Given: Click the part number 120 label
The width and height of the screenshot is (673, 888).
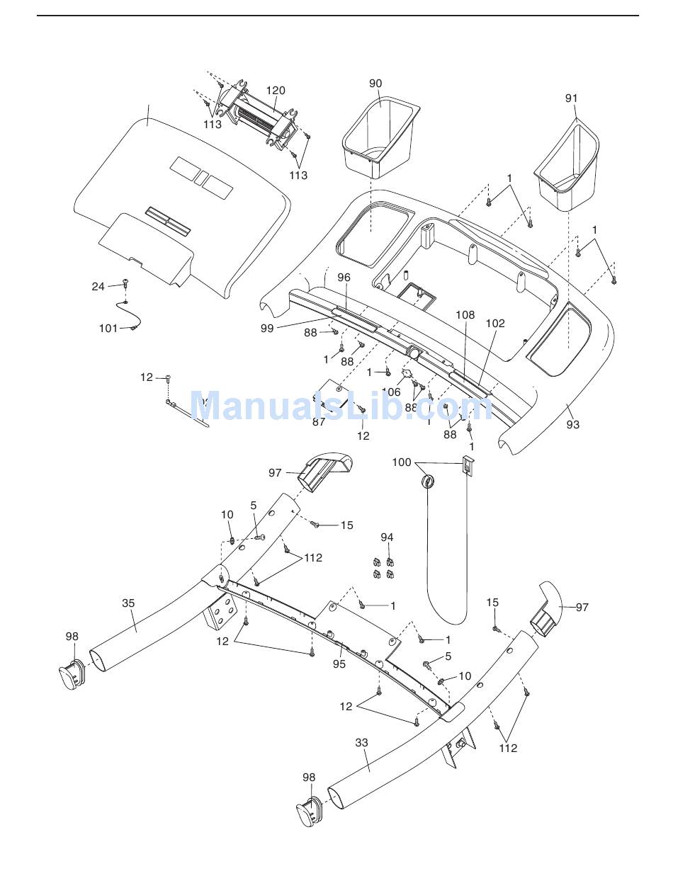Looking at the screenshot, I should click(x=276, y=91).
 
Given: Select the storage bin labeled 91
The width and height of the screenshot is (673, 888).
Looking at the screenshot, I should click(x=567, y=169).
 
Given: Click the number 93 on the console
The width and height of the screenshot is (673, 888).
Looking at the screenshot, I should click(x=572, y=424).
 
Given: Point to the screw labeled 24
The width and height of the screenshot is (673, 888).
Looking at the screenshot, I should click(x=126, y=283).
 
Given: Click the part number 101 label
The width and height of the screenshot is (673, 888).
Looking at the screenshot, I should click(x=108, y=329).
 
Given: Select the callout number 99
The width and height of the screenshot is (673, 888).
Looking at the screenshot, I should click(x=266, y=328).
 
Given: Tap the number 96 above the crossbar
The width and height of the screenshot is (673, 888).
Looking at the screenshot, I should click(x=344, y=278).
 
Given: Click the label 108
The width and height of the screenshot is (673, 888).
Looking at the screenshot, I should click(x=465, y=314).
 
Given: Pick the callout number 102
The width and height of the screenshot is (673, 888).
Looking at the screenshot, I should click(x=495, y=323).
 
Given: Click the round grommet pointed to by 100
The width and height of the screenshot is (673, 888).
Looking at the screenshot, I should click(x=428, y=482).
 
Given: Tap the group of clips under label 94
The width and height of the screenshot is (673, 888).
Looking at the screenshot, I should click(x=383, y=568).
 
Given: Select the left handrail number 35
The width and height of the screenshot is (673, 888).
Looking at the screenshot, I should click(x=128, y=603).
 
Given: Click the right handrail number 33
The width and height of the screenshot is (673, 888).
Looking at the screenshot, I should click(x=362, y=743).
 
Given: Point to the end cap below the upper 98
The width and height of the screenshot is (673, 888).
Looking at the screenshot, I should click(x=72, y=674).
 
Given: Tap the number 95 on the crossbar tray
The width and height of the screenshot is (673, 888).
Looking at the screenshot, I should click(x=339, y=664).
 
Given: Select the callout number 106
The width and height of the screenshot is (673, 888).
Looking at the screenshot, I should click(x=391, y=392).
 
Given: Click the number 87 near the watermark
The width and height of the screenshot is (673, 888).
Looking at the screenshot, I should click(x=319, y=421).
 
